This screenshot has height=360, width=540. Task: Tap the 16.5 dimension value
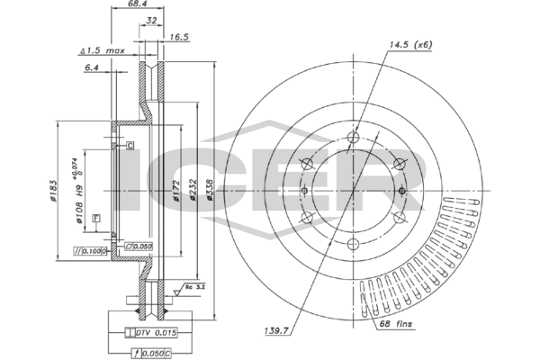tap(178, 38)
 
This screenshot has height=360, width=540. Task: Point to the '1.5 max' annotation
tap(102, 51)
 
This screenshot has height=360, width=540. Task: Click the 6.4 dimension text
tap(91, 67)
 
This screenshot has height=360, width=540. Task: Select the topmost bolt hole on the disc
tap(353, 138)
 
